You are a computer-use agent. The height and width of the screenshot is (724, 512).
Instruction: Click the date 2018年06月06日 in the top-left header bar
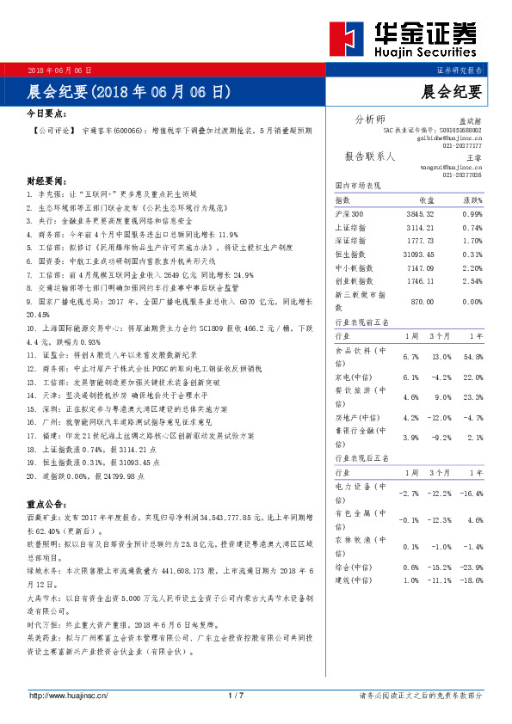59,70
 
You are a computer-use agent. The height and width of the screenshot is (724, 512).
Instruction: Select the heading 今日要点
47,113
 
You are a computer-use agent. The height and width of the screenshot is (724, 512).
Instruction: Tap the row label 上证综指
351,227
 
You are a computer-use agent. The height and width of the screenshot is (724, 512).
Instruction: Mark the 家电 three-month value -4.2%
441,377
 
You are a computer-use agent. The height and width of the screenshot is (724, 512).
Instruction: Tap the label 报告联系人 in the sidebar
369,156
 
